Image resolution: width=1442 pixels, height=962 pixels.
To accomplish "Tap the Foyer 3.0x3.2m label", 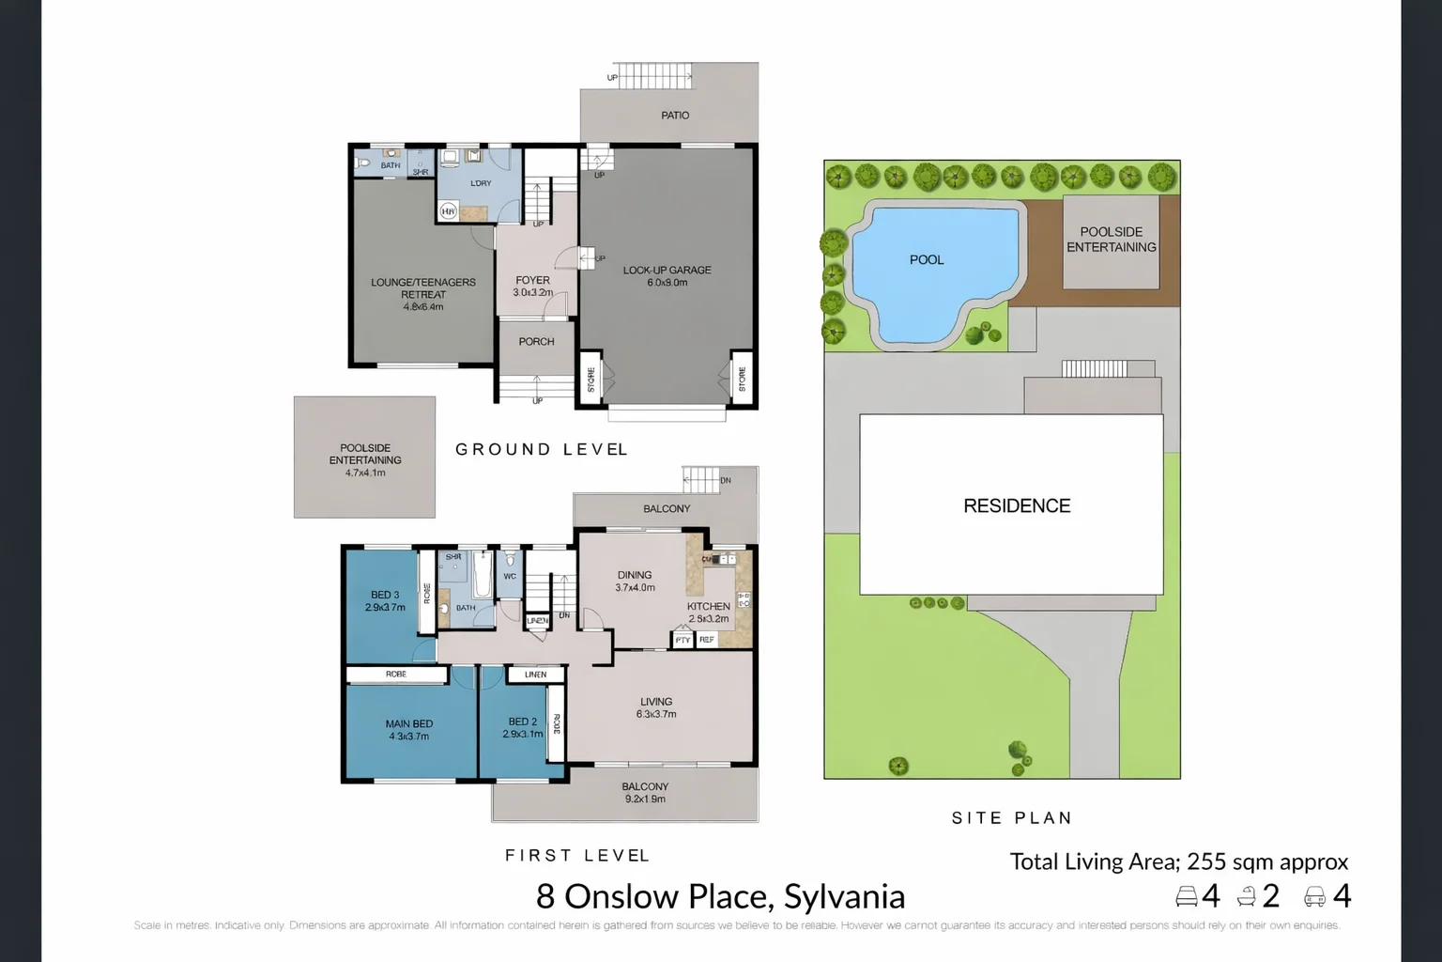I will [x=532, y=286].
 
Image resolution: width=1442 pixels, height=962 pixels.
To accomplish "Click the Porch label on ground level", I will [x=536, y=342].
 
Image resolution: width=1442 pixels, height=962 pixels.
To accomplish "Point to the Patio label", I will [x=674, y=116].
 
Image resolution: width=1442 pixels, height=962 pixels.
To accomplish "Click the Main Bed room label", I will [x=408, y=729].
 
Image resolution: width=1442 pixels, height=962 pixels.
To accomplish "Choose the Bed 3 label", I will [x=385, y=600].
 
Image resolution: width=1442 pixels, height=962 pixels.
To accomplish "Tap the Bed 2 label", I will [x=522, y=727].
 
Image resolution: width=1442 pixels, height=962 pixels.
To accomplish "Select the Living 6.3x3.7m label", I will [x=656, y=707].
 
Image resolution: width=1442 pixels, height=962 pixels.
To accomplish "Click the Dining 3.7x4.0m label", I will [x=635, y=581].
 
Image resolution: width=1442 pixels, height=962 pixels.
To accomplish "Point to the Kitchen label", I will [x=708, y=612].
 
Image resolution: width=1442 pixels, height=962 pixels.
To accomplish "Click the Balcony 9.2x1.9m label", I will [x=645, y=792].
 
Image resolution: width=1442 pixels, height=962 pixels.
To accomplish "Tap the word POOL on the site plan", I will [x=927, y=260].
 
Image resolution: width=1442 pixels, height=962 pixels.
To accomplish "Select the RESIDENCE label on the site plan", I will [x=1017, y=506].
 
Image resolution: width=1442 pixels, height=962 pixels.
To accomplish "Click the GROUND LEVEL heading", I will [x=542, y=450].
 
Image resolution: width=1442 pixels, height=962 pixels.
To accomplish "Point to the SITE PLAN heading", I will [x=1011, y=818].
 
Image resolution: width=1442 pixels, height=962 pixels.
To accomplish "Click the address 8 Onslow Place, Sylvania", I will [x=720, y=896].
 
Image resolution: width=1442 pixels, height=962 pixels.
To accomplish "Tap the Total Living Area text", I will [x=1178, y=861].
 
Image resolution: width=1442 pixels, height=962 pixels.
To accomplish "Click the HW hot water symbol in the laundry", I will [x=449, y=212].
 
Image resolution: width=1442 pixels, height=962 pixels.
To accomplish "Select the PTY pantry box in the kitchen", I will [x=683, y=640].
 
